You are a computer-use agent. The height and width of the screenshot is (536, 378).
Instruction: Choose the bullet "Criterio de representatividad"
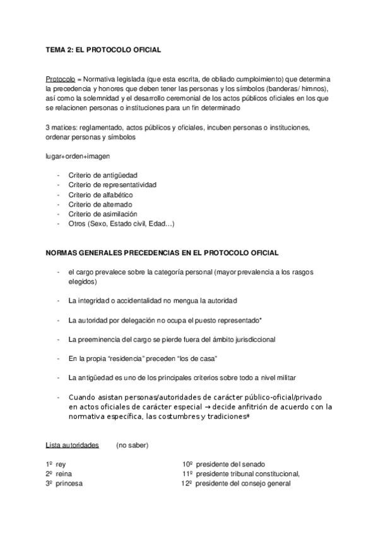(x=113, y=185)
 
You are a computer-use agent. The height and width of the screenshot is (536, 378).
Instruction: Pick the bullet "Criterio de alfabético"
(x=102, y=195)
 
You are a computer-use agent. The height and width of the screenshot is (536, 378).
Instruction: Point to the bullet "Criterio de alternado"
(x=101, y=204)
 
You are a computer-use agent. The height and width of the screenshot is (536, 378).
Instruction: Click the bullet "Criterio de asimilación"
(x=103, y=214)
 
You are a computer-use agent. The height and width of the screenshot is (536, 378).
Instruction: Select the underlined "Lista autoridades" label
(x=72, y=446)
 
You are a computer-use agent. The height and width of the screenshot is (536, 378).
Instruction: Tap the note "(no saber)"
(x=132, y=446)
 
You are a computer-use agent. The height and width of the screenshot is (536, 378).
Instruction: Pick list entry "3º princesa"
(x=64, y=484)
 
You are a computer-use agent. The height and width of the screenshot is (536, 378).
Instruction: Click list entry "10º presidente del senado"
(x=224, y=464)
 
